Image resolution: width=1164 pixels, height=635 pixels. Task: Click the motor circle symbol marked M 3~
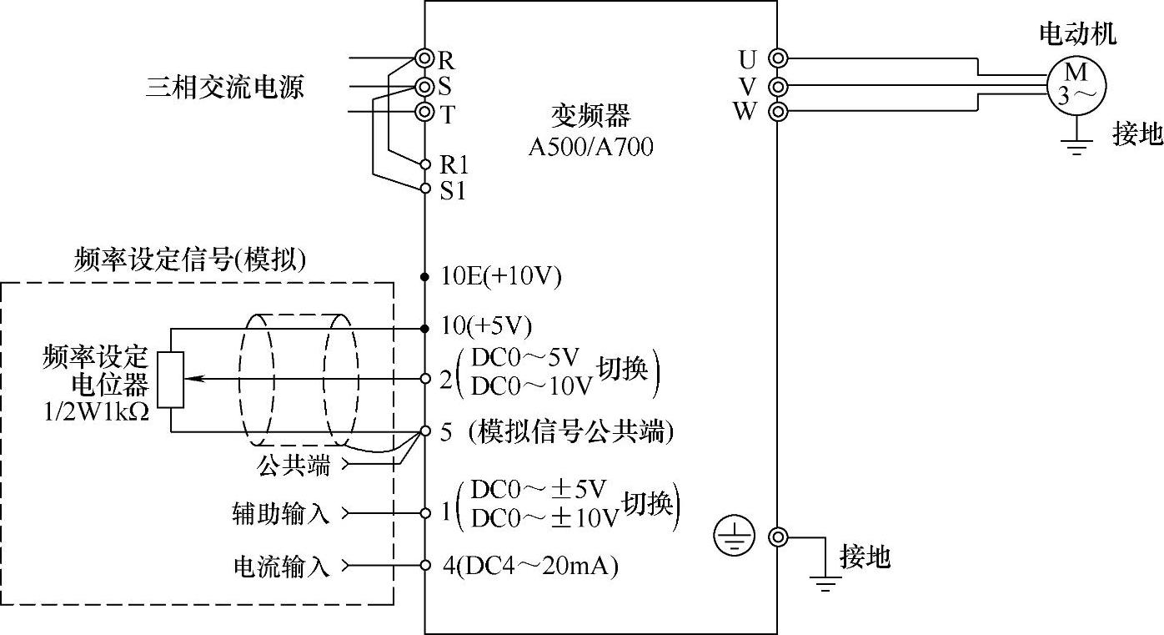tap(1076, 84)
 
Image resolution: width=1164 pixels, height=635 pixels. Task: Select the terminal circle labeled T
tap(425, 112)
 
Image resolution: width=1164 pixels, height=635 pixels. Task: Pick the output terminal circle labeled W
tap(778, 111)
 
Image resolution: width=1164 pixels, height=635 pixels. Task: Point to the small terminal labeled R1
tap(425, 164)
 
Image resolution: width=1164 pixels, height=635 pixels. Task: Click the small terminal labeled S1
tap(425, 189)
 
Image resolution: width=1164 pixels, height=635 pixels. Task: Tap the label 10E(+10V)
tap(501, 276)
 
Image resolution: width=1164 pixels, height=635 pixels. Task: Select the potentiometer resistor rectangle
tap(171, 380)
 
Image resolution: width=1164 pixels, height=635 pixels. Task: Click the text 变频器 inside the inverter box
tap(591, 116)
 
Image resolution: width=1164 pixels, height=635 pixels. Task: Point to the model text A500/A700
tap(591, 147)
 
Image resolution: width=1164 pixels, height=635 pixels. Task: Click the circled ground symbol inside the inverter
tap(734, 537)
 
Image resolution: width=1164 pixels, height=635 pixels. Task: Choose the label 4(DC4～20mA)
tap(530, 566)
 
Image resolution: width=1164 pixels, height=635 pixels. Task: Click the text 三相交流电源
tap(224, 86)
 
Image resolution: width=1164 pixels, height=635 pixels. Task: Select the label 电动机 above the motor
tap(1076, 33)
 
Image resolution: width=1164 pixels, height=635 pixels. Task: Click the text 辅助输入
tap(281, 512)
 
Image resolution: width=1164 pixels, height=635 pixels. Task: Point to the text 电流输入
tap(281, 567)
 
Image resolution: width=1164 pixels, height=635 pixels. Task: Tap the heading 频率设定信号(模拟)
tap(190, 260)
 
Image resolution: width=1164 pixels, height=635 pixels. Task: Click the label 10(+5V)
tap(487, 326)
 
